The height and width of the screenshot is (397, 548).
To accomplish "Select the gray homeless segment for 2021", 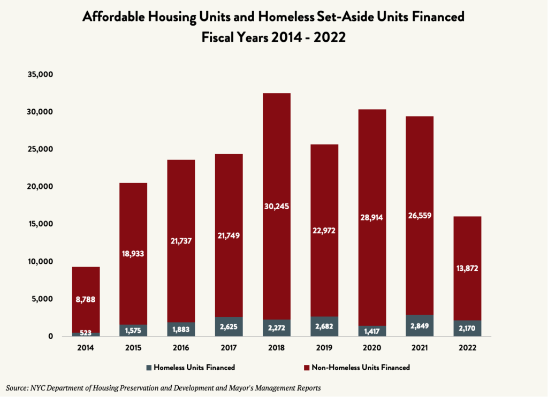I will coord(420,326).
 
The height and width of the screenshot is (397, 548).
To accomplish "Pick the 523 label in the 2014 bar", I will coord(86,333).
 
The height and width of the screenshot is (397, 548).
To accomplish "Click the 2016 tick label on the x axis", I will coord(181,348).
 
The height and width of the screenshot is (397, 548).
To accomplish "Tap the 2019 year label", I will coord(324,348).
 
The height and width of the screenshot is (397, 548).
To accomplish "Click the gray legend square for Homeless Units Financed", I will coord(148,368).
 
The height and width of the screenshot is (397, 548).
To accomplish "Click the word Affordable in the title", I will coord(113,18).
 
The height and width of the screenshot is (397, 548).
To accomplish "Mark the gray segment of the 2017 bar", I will coord(229,326).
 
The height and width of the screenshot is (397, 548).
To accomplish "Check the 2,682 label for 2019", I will coord(324,327).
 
